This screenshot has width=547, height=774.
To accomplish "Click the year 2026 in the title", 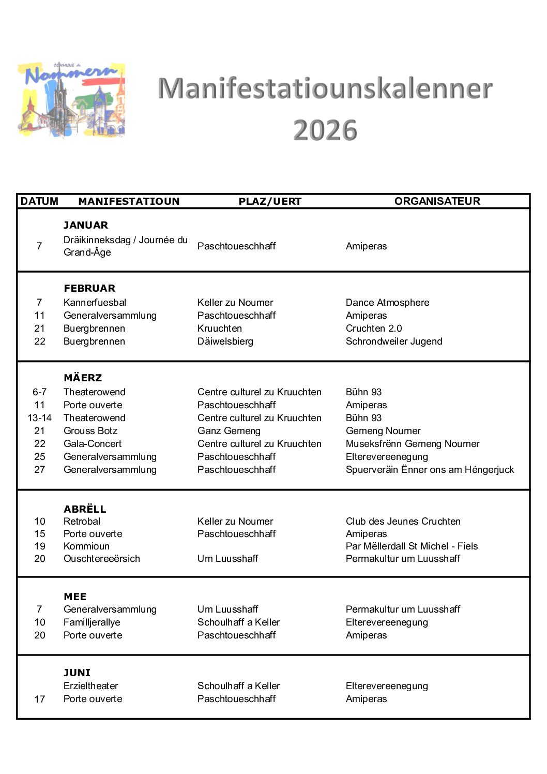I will coord(325,130).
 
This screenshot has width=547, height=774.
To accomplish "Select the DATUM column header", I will coord(39,201).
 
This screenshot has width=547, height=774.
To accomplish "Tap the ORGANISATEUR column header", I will coord(437,201).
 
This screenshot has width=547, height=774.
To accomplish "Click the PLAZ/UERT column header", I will coord(270,201).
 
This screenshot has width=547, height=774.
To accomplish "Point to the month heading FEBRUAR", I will coord(89,288).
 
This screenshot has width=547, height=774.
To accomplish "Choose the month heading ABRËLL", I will coord(85,509).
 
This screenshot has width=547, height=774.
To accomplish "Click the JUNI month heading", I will coord(77,673).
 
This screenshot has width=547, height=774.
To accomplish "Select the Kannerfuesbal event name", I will coord(95,303).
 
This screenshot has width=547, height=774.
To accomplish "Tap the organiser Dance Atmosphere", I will coord(387,303).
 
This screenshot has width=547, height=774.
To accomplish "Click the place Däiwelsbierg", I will coord(225,341).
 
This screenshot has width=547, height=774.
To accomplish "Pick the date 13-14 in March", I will coord(40,418).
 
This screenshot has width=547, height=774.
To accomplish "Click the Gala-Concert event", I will coord(93,444).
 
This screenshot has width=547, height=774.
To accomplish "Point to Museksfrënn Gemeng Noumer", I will coord(412,444).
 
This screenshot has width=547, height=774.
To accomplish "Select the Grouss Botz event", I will coord(90,431).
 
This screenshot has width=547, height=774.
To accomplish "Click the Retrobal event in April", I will coord(82,522).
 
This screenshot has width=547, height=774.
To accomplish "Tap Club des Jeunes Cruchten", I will coord(403,522).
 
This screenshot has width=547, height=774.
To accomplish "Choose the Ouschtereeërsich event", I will coord(101,559).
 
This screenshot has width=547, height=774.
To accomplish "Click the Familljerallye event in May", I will coord(92,622).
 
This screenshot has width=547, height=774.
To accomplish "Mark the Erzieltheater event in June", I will coord(90,686).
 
